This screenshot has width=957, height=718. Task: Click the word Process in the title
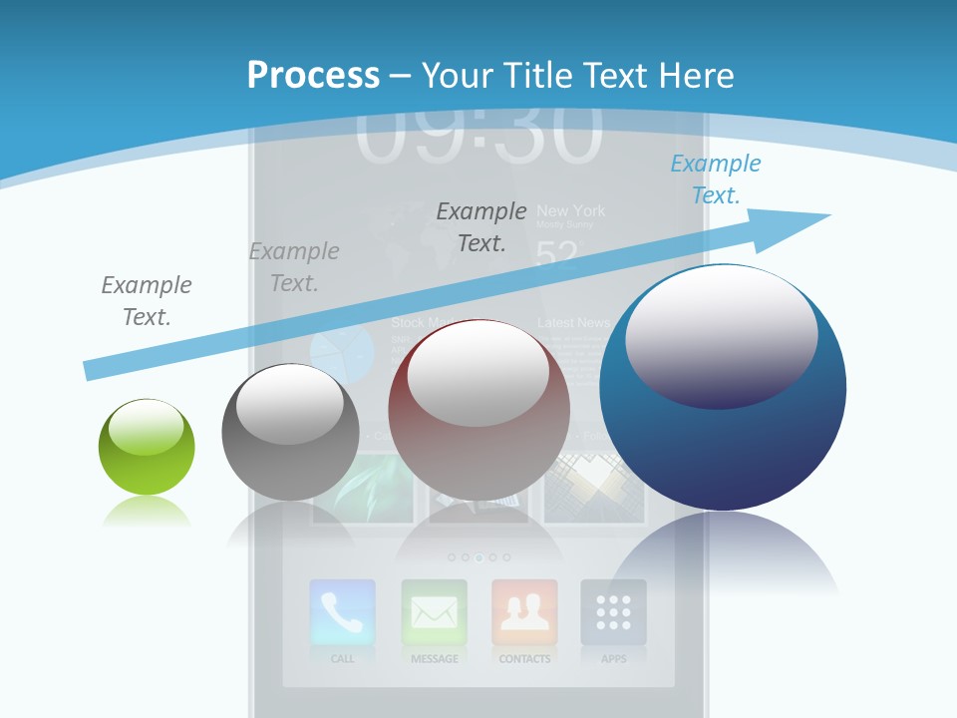[x=313, y=76]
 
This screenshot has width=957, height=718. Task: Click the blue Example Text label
[x=716, y=179]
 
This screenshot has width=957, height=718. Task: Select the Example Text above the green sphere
[x=147, y=301]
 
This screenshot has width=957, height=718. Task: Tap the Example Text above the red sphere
[x=481, y=226]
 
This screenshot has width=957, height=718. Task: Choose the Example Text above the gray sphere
[x=294, y=267]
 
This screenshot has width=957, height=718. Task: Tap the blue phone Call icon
[x=342, y=611]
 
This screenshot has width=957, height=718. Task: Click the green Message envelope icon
[x=434, y=611]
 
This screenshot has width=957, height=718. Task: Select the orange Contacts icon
[x=524, y=611]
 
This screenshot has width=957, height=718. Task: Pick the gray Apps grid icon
[x=614, y=611]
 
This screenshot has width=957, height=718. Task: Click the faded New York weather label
[x=570, y=211]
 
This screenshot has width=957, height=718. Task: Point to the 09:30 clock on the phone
[x=478, y=135]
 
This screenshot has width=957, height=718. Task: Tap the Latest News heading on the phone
[x=573, y=323]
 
